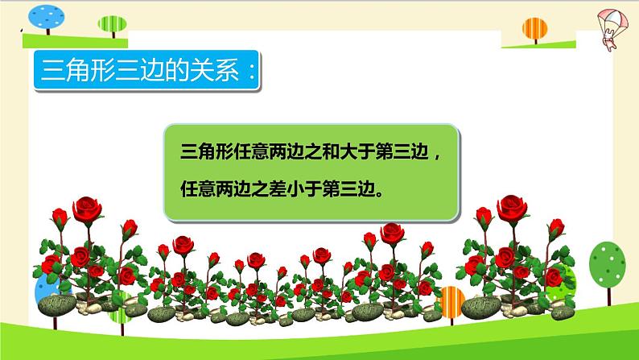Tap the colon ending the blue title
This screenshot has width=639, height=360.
(x=252, y=74)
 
